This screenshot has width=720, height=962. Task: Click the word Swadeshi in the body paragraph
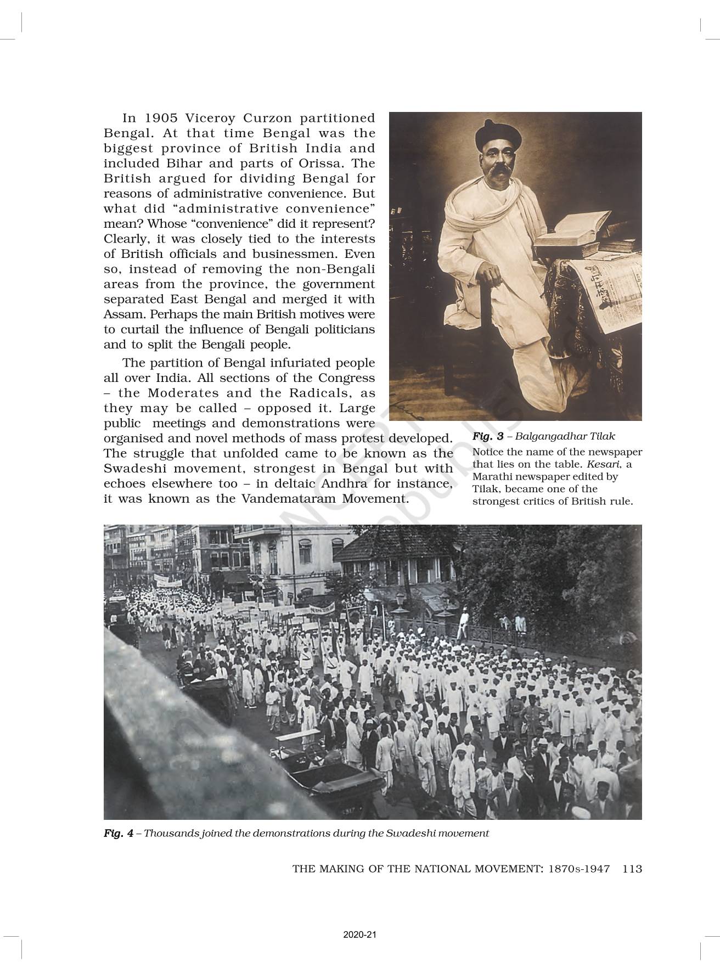(x=134, y=469)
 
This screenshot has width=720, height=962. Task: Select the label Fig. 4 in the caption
(x=118, y=833)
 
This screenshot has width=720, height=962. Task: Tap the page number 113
(x=632, y=869)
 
